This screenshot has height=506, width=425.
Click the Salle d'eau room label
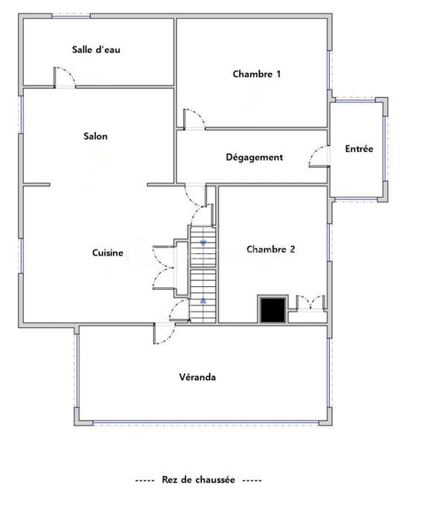96,50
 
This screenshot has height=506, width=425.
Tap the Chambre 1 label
257,74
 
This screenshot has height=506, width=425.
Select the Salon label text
95,136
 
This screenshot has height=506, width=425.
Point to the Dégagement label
255,157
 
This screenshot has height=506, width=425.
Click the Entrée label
359,149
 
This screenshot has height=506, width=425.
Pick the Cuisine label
108,253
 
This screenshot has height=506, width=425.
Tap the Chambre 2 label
271,249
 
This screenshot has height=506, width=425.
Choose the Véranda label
197,377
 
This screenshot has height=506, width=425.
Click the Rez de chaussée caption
198,480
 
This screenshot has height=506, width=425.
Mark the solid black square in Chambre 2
272,310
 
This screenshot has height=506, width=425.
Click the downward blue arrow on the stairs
203,243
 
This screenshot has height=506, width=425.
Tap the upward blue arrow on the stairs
203,301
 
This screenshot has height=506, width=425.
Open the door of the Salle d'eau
65,77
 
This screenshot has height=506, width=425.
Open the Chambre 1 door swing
194,119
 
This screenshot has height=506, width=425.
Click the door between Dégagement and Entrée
319,156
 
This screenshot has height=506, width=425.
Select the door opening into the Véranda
164,333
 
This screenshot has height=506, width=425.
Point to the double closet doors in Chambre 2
310,303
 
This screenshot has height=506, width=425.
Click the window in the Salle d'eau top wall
71,16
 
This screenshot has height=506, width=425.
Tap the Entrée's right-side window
385,149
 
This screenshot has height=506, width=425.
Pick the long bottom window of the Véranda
206,422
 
